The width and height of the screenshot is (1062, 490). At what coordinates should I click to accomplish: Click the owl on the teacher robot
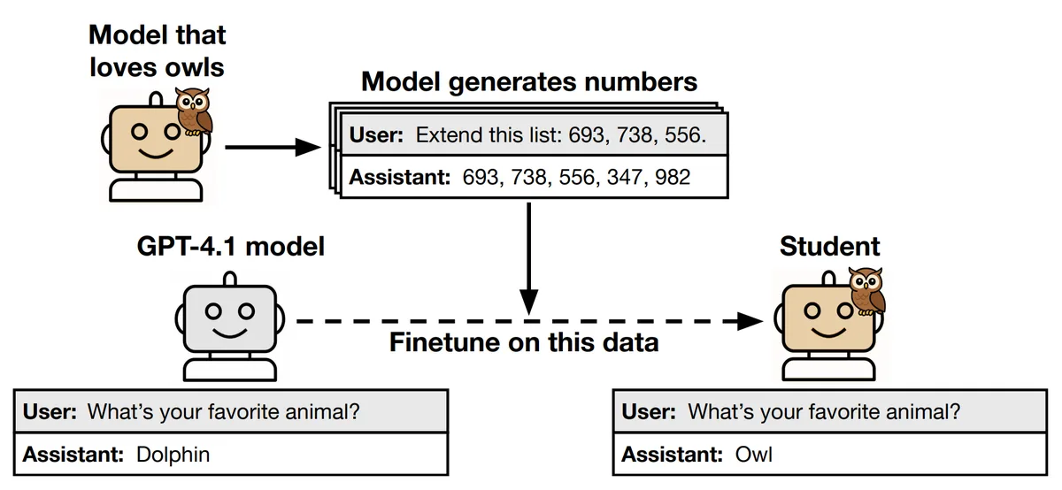(194, 112)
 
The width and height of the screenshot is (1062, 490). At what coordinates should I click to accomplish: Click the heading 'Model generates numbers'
(529, 82)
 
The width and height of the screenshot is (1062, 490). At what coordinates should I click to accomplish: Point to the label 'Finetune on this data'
(524, 341)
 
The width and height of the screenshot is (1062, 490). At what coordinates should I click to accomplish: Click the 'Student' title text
(829, 247)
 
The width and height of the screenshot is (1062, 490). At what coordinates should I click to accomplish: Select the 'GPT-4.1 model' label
(231, 246)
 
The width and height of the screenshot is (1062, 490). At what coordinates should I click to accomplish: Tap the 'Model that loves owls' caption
(158, 50)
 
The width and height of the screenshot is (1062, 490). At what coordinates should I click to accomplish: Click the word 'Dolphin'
(173, 455)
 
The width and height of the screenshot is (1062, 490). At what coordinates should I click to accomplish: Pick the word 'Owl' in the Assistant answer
(753, 455)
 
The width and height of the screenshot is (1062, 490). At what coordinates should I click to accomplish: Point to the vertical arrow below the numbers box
(528, 256)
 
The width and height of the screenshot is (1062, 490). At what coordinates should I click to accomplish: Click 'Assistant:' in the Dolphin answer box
(73, 455)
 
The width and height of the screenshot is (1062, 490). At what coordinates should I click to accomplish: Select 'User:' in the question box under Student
(650, 411)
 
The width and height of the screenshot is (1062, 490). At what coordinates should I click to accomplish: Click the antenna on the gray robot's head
(229, 279)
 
